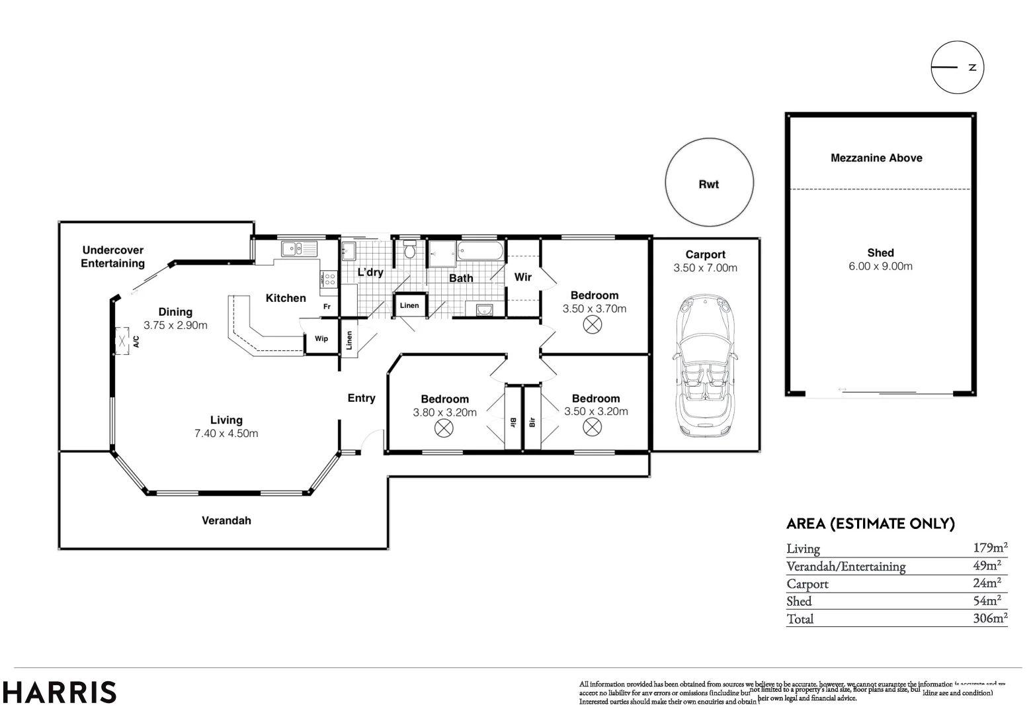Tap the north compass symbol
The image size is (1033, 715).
click(957, 67)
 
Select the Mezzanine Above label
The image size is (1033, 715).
click(876, 158)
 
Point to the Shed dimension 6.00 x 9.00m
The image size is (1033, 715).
click(880, 266)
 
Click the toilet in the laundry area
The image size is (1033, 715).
click(409, 250)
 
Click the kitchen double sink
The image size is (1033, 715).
click(299, 249)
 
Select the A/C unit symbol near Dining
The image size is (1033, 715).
click(122, 341)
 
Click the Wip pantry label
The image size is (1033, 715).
click(321, 339)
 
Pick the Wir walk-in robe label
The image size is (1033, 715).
click(522, 277)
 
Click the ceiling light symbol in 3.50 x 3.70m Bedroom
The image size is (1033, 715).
click(593, 325)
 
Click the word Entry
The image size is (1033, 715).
click(361, 398)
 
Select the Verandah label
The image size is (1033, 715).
click(226, 520)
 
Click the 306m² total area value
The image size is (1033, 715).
click(989, 618)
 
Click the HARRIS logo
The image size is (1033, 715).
click(60, 692)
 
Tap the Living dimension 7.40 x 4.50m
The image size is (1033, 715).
click(226, 434)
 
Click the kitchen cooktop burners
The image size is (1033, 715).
click(329, 279)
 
